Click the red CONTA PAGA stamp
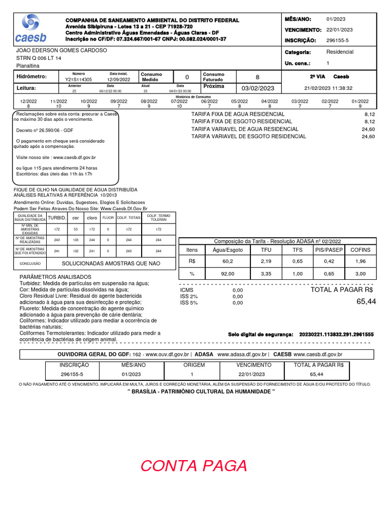coord(193,465)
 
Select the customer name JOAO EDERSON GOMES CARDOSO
coord(62,51)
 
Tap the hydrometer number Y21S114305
coord(79,80)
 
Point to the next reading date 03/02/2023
coord(257,88)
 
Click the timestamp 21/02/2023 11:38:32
coord(329,88)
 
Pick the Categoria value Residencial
coord(340,52)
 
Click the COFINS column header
coord(360,250)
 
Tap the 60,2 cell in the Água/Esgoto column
coord(227,261)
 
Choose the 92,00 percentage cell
coord(227,274)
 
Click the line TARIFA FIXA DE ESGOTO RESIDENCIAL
coord(241,122)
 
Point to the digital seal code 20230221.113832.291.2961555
coord(337,335)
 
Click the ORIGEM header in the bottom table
coord(194,365)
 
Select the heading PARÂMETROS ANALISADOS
coord(55,277)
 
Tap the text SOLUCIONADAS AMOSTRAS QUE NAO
coord(111,264)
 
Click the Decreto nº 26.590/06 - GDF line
coord(45,131)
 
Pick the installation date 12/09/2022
coord(118,80)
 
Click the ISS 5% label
coord(189,303)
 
